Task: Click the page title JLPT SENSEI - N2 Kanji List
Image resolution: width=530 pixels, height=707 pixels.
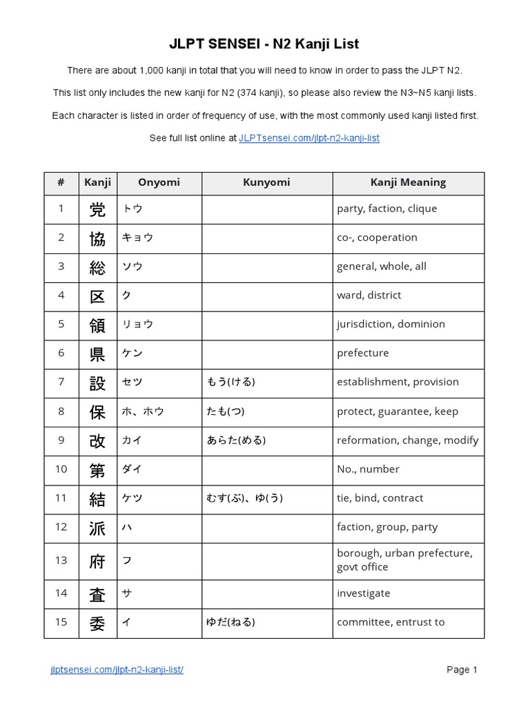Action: pyautogui.click(x=264, y=44)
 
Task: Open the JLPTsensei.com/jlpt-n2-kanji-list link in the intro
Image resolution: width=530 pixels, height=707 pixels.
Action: pyautogui.click(x=308, y=138)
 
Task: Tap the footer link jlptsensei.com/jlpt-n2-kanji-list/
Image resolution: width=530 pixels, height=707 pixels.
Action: pyautogui.click(x=117, y=670)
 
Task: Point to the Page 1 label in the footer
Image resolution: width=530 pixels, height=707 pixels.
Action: pyautogui.click(x=462, y=670)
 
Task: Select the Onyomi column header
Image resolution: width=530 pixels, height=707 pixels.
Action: pyautogui.click(x=159, y=183)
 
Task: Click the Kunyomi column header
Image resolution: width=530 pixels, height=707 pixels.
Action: pyautogui.click(x=266, y=183)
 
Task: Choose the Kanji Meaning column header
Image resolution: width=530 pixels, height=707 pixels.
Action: pyautogui.click(x=408, y=183)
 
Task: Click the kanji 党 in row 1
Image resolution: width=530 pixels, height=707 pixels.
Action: pyautogui.click(x=97, y=209)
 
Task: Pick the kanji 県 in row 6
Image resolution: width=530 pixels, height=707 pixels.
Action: pyautogui.click(x=97, y=353)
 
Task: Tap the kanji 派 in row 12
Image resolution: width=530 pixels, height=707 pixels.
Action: pyautogui.click(x=97, y=527)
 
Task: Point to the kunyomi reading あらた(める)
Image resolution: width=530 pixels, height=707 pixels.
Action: pyautogui.click(x=236, y=440)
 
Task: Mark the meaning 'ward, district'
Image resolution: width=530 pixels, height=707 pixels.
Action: pyautogui.click(x=369, y=296)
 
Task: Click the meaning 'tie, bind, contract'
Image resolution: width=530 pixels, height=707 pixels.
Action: pyautogui.click(x=380, y=498)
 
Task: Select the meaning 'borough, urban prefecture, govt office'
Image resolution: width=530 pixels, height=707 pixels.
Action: pyautogui.click(x=404, y=561)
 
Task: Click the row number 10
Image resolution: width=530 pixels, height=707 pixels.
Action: pyautogui.click(x=61, y=469)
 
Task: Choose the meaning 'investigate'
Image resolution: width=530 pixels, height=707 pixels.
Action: pyautogui.click(x=363, y=594)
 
